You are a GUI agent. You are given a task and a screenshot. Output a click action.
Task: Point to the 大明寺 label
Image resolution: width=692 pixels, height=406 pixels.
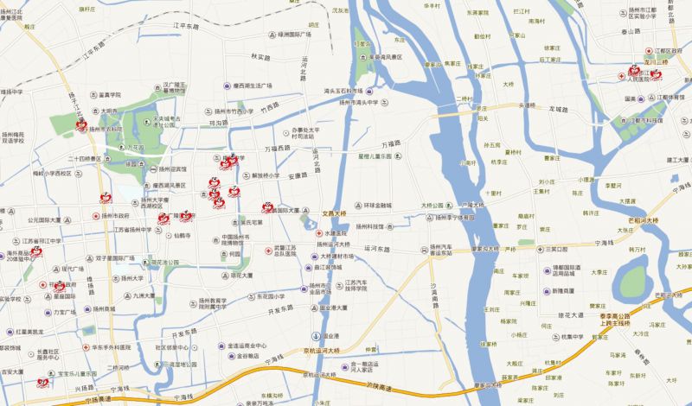click(x=107, y=111)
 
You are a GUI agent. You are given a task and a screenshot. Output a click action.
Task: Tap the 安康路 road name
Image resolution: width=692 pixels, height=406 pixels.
click(x=298, y=175)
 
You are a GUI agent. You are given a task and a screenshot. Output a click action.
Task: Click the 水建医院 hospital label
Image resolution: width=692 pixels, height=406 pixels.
click(x=334, y=233)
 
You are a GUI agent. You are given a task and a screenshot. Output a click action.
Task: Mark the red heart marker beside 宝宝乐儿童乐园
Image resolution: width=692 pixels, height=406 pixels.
click(x=42, y=383)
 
